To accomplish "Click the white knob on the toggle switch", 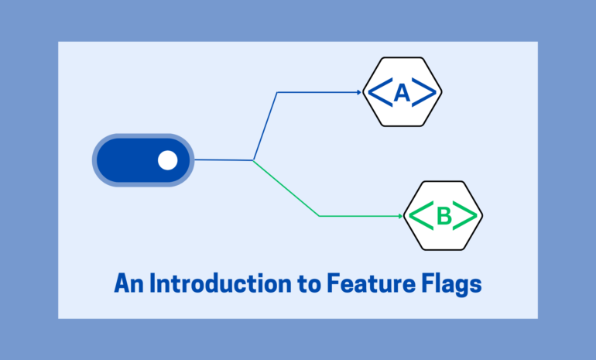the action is pos(168,160).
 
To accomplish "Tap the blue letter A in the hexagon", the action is pos(402,93).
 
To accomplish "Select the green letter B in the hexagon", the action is pos(444,216).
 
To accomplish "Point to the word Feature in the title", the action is pos(371,283).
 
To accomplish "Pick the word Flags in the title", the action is pos(451,284).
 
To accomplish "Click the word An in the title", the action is pos(128,283).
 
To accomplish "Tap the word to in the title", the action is pos(310,284).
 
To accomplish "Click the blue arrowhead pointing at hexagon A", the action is pos(359,92).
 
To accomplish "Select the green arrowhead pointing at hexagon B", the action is pos(401,216).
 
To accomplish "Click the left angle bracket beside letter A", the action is pos(381,92).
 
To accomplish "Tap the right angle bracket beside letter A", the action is pos(424,92).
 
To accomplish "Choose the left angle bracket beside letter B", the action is pos(421,216).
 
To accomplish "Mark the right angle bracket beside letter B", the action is pos(465,216).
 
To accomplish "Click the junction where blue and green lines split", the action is pos(253,160).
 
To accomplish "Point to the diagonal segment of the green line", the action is pos(286,188).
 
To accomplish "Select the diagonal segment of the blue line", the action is pos(265,126).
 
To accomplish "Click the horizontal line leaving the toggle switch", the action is pos(224,160).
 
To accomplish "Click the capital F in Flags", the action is pos(428,283).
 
